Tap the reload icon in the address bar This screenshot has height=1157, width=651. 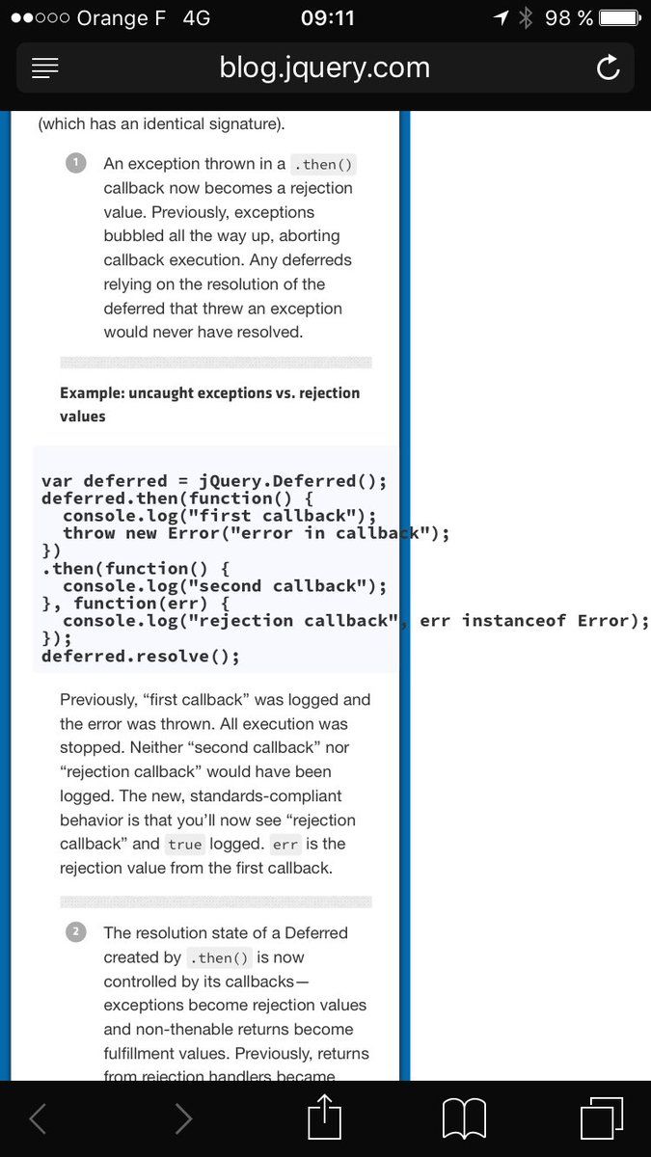[608, 67]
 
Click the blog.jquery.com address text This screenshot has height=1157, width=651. [325, 67]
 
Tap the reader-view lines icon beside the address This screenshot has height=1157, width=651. [45, 67]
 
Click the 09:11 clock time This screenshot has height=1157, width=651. [328, 17]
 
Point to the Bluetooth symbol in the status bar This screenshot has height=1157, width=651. [526, 17]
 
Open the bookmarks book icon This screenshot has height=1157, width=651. [464, 1118]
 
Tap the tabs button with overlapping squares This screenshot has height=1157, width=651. [602, 1118]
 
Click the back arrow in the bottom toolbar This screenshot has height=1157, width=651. [38, 1118]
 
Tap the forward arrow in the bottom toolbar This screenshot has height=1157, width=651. [183, 1118]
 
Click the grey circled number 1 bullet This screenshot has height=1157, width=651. [76, 162]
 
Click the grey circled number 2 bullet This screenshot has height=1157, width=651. [76, 931]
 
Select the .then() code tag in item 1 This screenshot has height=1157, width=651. [324, 165]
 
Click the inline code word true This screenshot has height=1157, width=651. [184, 845]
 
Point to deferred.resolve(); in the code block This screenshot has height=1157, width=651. [141, 657]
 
